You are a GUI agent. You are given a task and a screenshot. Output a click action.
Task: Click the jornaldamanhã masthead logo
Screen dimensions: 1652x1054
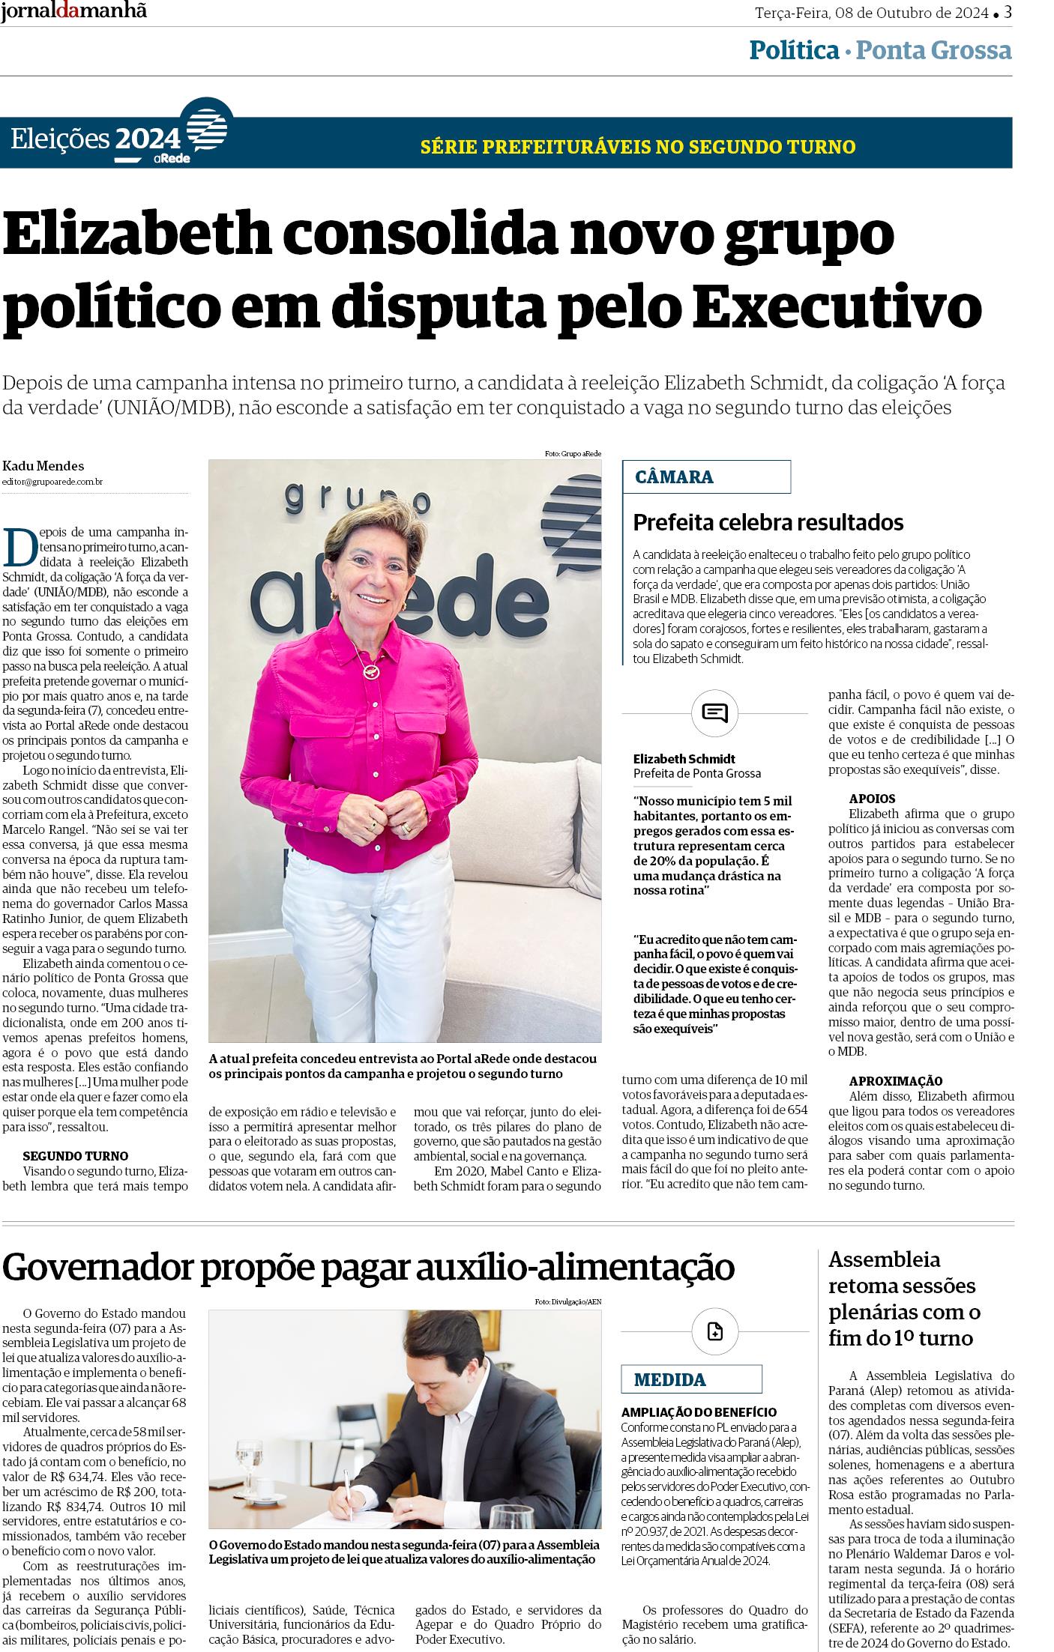pyautogui.click(x=73, y=11)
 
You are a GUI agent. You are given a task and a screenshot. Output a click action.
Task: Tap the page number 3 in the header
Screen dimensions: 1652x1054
pyautogui.click(x=1008, y=12)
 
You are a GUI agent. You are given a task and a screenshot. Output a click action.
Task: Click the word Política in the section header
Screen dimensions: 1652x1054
pyautogui.click(x=794, y=50)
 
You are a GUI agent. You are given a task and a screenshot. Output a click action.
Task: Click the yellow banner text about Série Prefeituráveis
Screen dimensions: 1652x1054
pyautogui.click(x=638, y=146)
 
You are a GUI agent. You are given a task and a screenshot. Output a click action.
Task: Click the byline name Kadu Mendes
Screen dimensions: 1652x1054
pyautogui.click(x=43, y=466)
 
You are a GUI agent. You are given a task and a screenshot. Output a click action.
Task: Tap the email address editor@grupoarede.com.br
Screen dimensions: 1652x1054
pyautogui.click(x=52, y=482)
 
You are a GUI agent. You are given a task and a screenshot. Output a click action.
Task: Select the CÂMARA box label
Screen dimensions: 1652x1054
pyautogui.click(x=674, y=476)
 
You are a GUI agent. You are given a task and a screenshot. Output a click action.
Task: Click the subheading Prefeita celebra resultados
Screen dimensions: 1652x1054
pyautogui.click(x=768, y=521)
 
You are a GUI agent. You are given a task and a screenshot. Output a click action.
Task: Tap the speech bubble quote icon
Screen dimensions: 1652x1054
pyautogui.click(x=714, y=712)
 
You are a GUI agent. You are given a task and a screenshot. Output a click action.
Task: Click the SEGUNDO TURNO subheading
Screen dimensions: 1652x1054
pyautogui.click(x=75, y=1155)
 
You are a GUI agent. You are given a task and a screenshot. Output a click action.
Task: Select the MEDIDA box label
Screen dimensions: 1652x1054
pyautogui.click(x=669, y=1379)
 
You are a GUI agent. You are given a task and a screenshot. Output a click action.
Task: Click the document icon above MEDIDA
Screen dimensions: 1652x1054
pyautogui.click(x=714, y=1331)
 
